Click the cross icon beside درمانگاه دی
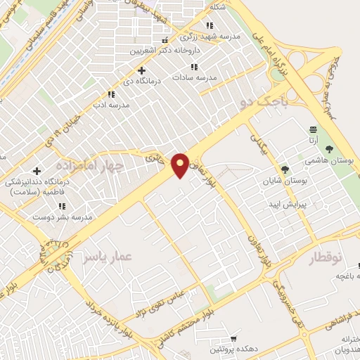click(141, 70)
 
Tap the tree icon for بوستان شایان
click(285, 169)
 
